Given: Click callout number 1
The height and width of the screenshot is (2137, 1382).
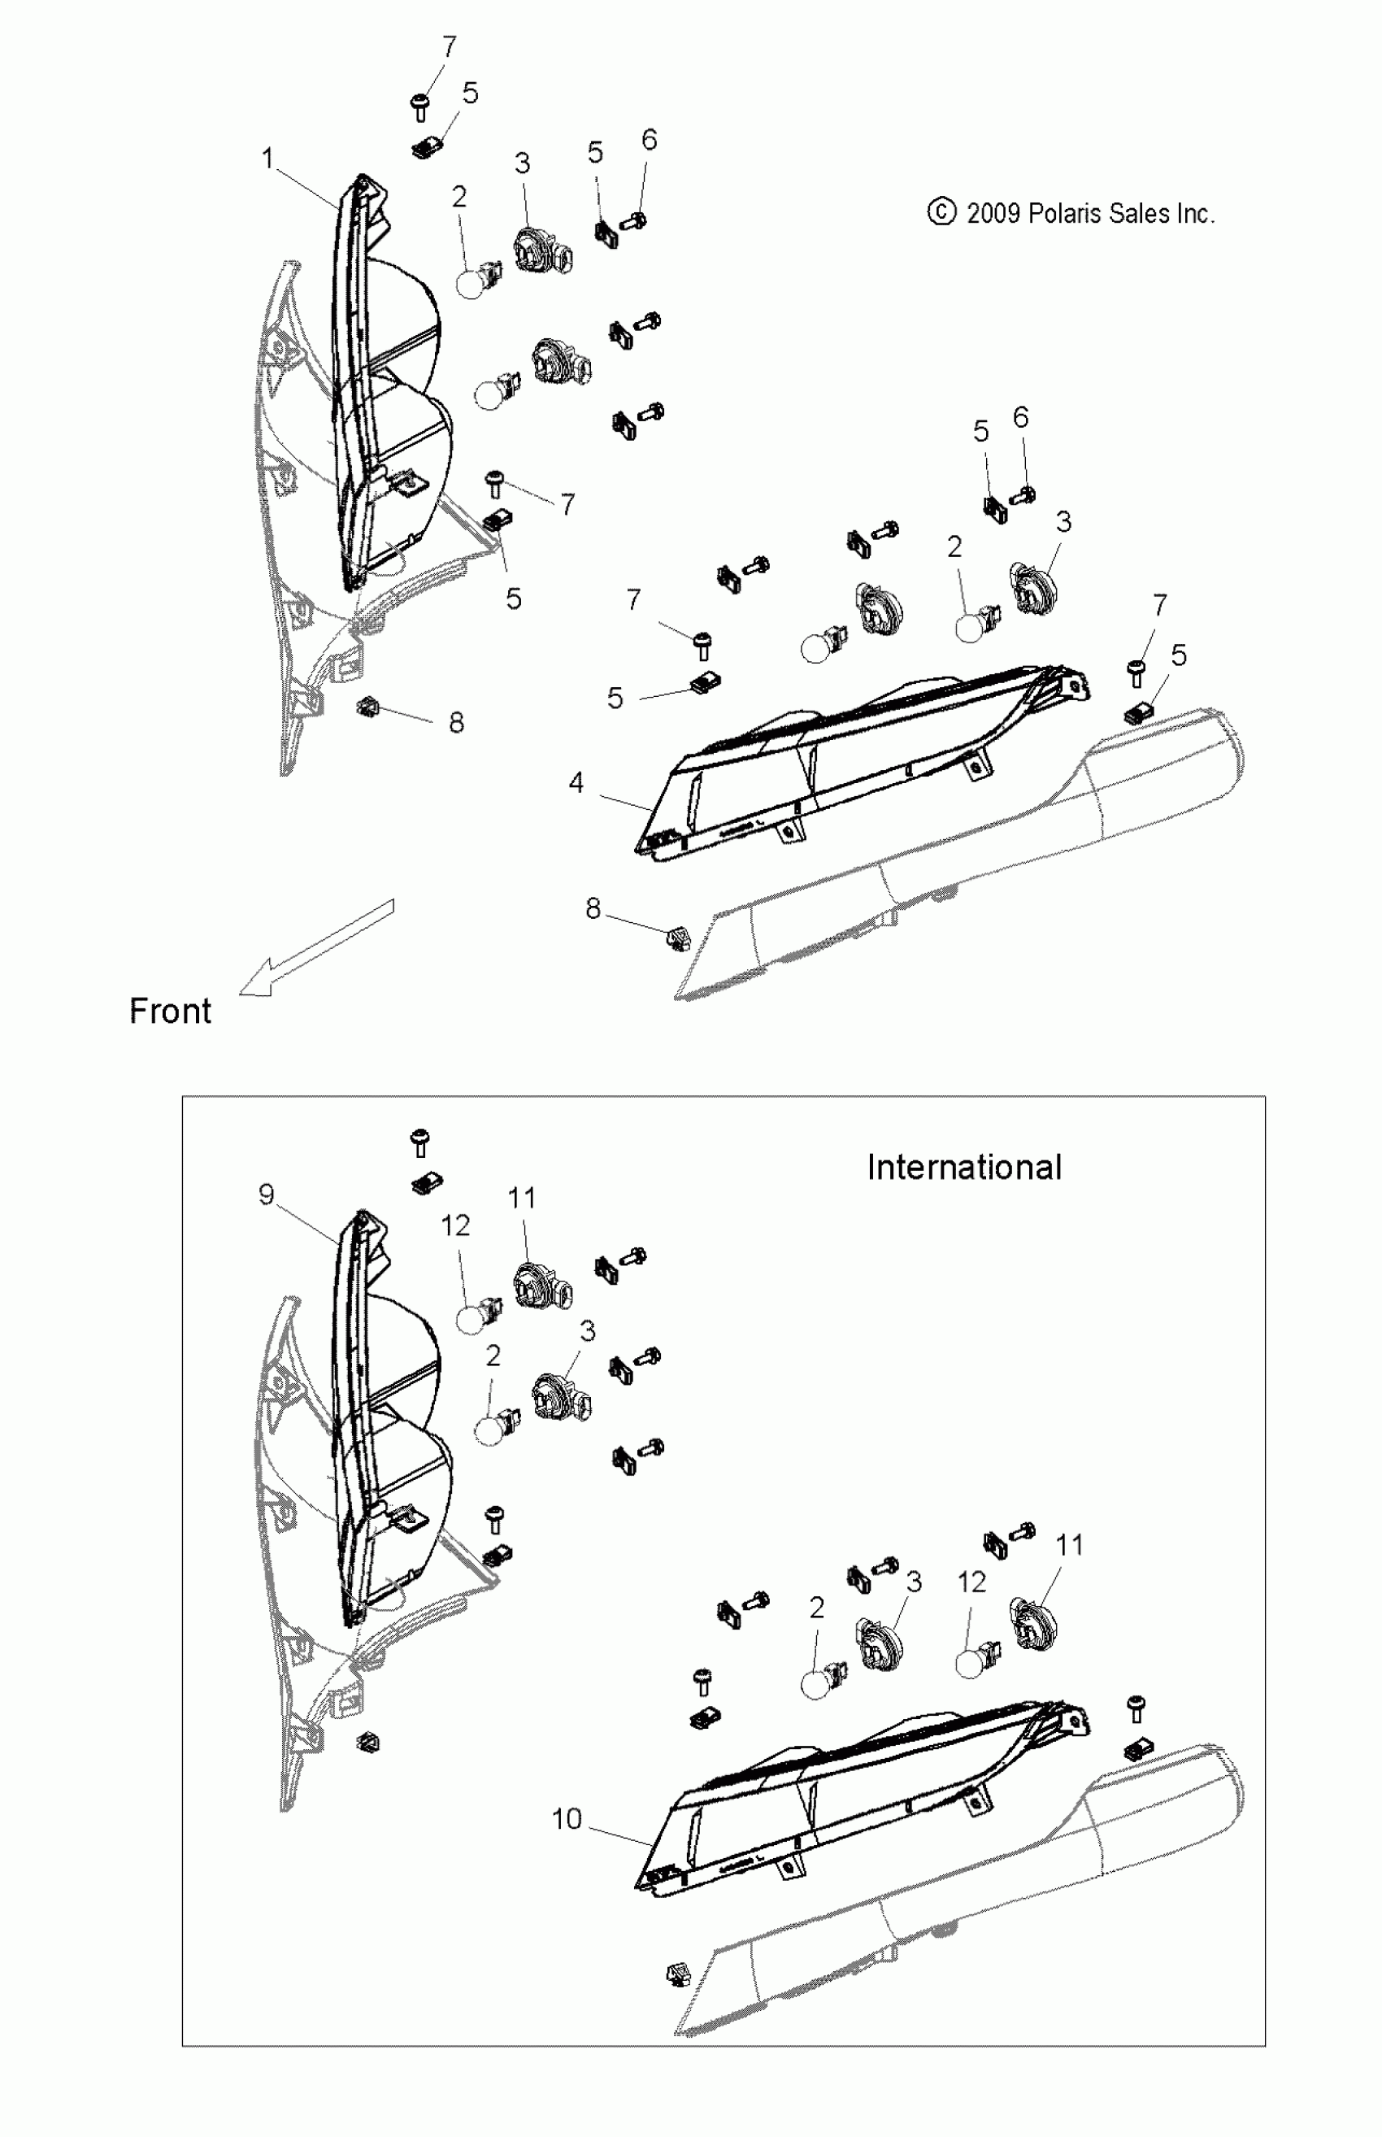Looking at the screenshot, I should pos(267,159).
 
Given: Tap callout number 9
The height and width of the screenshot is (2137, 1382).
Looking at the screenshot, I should pos(266,1195).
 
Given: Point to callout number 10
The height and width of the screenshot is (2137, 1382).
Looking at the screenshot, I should pos(567,1819).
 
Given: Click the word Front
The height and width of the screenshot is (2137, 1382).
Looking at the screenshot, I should pos(171,1012).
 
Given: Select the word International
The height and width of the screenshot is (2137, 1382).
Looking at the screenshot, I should pos(964,1168).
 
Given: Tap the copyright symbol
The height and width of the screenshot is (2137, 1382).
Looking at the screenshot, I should pos(941,213).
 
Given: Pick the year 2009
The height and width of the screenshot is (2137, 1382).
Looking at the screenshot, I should pos(993,214).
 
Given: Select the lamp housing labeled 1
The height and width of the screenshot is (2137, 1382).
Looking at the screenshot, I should pos(359,377).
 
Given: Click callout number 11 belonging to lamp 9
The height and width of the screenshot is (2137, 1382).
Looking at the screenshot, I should pos(521,1198).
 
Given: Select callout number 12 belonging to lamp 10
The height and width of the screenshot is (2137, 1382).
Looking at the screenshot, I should pos(972,1582).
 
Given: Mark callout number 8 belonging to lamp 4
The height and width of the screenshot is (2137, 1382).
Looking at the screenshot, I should pos(593,909).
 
